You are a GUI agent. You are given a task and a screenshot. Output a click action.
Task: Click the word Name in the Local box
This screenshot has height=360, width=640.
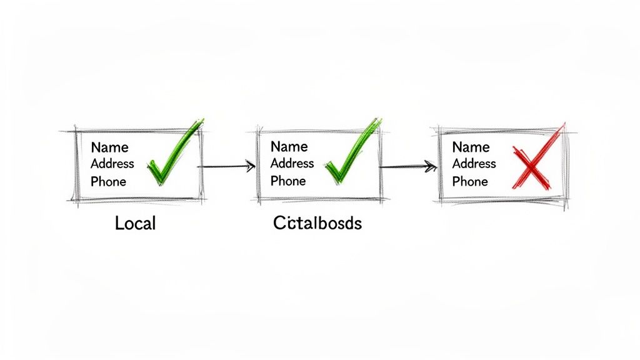point(109,147)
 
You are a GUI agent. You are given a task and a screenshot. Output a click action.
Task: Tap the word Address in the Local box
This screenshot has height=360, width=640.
point(112,164)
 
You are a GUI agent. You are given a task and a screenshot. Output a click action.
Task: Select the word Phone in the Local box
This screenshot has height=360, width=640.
point(108,182)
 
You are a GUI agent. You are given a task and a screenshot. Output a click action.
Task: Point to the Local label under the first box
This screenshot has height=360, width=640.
point(135,223)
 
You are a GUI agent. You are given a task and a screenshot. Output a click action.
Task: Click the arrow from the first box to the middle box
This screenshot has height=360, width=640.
point(225,166)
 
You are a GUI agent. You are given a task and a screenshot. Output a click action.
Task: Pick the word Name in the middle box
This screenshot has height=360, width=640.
point(289,146)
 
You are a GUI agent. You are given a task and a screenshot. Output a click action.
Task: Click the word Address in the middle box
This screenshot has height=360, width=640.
point(292,163)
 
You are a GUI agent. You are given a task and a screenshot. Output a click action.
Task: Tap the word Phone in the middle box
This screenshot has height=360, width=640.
point(288,181)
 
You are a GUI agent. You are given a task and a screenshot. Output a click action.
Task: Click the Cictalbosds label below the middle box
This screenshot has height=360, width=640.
point(317,223)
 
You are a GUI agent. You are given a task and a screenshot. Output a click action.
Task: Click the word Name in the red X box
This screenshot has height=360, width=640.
point(471,147)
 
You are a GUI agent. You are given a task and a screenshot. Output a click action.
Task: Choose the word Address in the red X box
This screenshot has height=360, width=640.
point(474,164)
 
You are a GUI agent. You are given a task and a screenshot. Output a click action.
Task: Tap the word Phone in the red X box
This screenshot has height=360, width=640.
point(470,182)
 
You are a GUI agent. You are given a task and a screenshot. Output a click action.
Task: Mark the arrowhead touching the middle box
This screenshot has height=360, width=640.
point(250,166)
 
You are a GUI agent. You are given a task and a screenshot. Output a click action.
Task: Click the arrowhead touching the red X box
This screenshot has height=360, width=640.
point(431,166)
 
